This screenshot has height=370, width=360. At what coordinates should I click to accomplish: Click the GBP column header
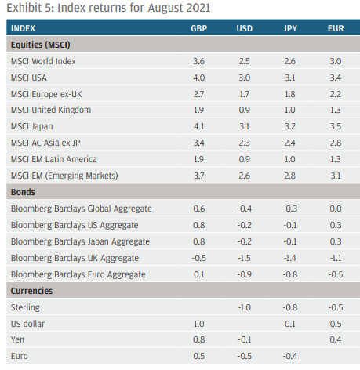click(x=199, y=28)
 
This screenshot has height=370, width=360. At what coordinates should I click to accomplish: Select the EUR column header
click(x=336, y=28)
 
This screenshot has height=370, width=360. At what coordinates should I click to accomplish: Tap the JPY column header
click(x=290, y=28)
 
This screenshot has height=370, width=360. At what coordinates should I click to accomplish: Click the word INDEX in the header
click(x=23, y=28)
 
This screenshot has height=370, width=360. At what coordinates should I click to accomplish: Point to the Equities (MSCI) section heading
click(x=41, y=45)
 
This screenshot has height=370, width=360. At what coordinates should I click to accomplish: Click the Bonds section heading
click(x=23, y=192)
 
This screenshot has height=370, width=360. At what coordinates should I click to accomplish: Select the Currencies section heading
click(x=31, y=291)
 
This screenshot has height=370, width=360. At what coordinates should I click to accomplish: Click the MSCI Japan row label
click(x=32, y=126)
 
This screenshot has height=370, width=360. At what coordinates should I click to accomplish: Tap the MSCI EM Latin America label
click(x=54, y=159)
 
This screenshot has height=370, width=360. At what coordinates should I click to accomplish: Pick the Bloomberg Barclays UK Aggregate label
click(x=75, y=258)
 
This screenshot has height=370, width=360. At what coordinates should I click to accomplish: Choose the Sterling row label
click(x=25, y=307)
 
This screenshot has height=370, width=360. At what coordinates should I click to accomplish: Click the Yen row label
click(x=17, y=339)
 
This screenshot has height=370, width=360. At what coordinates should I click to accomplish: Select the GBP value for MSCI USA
click(x=199, y=78)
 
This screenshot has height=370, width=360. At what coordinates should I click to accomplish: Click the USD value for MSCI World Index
click(x=245, y=61)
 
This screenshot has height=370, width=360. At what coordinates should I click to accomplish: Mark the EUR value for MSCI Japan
click(x=336, y=126)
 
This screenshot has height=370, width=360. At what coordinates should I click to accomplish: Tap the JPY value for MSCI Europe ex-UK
click(x=290, y=94)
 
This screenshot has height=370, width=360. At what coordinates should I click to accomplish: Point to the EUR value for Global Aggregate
click(x=336, y=209)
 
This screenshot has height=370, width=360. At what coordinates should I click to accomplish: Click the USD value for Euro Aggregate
click(x=245, y=274)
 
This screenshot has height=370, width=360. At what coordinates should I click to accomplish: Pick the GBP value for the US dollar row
click(x=199, y=324)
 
